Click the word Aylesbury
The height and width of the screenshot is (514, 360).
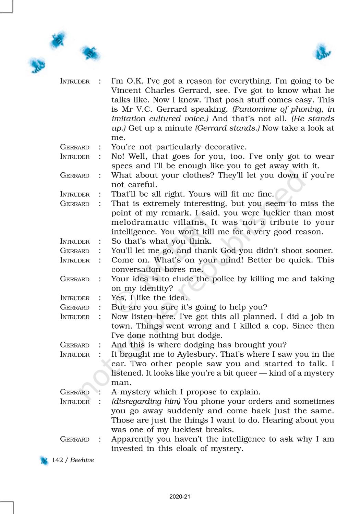pos(197,354)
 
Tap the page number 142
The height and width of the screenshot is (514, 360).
pos(57,460)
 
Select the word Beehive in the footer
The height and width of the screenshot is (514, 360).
pos(82,460)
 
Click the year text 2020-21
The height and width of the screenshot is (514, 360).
pos(180,497)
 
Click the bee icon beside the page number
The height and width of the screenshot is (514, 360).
pos(44,461)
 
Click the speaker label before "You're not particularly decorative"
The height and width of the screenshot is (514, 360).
pos(74,147)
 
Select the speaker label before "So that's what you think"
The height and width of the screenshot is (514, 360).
pos(74,241)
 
